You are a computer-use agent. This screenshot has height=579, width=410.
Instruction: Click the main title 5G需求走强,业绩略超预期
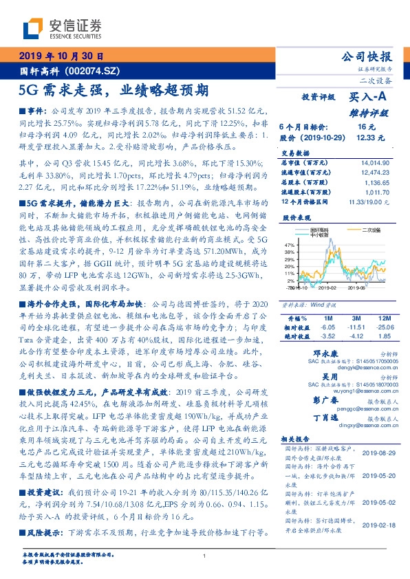pyautogui.click(x=114, y=89)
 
